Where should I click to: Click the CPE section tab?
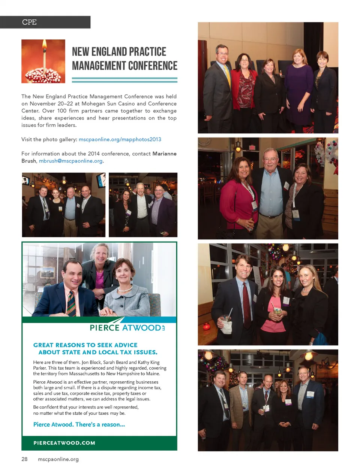coord(30,22)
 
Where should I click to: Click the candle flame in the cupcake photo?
coord(44,46)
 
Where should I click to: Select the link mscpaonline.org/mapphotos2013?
coord(120,139)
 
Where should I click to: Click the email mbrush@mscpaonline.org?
coord(70,161)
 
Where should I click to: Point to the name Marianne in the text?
coord(164,154)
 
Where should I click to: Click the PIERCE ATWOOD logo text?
coord(125,328)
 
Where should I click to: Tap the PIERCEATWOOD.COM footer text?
coord(64,443)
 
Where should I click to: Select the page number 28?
coord(24,459)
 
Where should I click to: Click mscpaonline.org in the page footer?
coord(58,459)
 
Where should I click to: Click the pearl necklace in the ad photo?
coord(125,289)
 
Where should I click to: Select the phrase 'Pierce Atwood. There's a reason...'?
coord(79,424)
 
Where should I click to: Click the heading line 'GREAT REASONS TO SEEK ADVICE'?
coord(85,345)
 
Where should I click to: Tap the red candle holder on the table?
coord(206,326)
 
